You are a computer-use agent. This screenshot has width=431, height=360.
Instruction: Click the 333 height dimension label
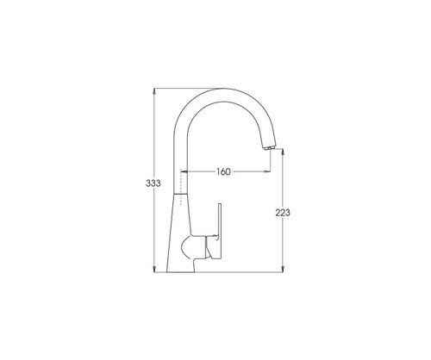[x=153, y=183]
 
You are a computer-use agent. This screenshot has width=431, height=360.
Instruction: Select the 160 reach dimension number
[x=223, y=171]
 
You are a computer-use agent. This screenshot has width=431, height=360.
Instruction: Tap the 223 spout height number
[x=283, y=213]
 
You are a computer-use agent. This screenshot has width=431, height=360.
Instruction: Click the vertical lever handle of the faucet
[x=220, y=230]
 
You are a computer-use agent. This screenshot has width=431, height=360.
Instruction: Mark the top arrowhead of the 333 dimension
[x=154, y=91]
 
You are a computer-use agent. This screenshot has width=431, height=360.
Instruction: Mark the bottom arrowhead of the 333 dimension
[x=154, y=269]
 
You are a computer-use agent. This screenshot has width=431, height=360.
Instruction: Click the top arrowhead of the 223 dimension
[x=283, y=152]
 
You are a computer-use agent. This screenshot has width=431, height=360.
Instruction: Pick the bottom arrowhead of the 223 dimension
[x=283, y=269]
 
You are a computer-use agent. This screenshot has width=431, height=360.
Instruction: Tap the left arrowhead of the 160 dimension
[x=184, y=171]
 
